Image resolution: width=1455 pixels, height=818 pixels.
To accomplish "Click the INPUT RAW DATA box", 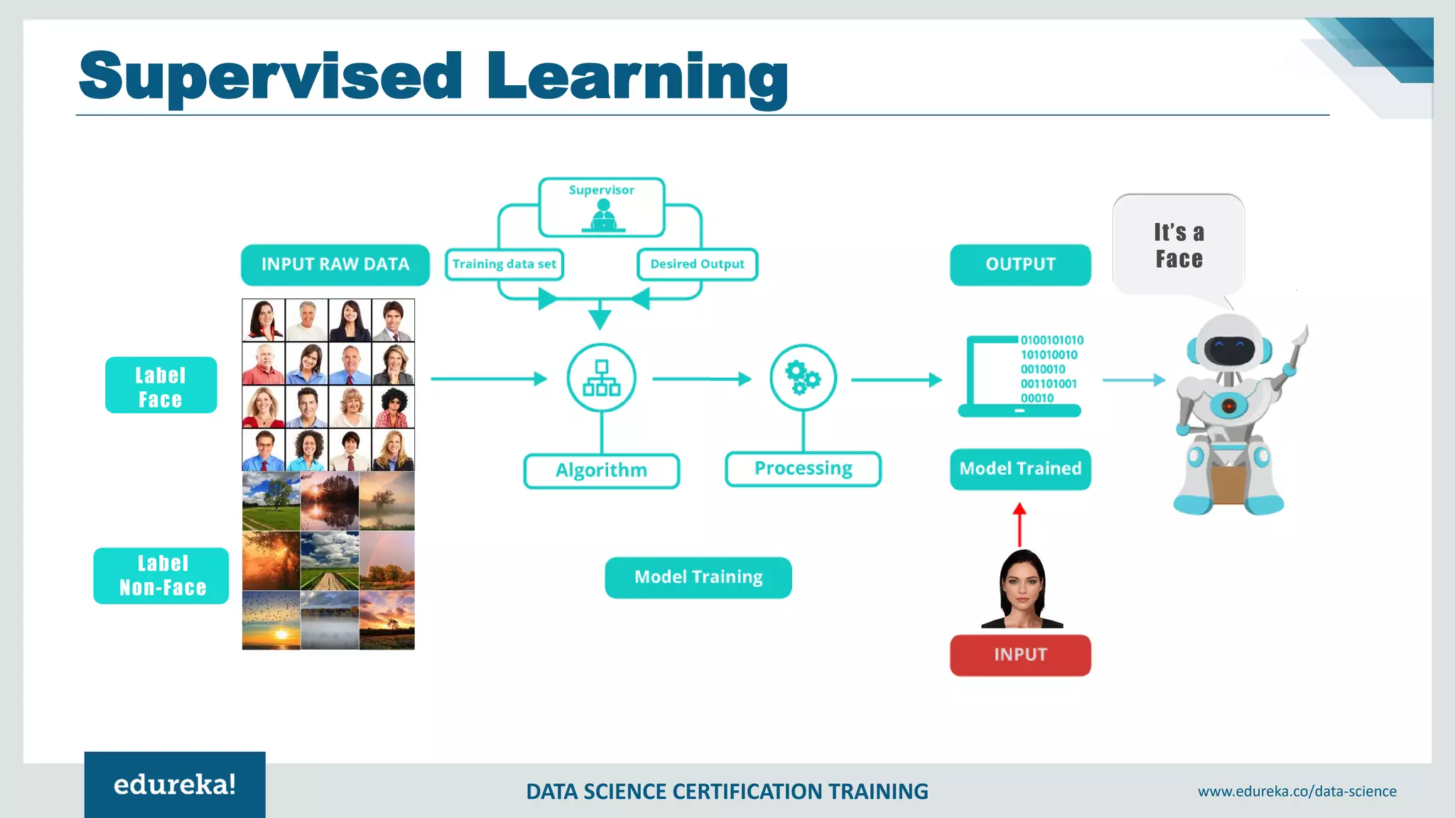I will pos(335,265).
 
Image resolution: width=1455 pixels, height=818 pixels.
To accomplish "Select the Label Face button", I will pos(161,386).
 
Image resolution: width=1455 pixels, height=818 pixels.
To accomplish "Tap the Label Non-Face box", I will pos(161,576).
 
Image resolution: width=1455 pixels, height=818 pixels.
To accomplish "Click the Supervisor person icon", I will pos(603,215).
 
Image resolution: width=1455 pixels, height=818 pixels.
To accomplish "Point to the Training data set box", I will pos(504,264).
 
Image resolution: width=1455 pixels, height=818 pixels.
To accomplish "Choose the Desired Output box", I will pos(697,264).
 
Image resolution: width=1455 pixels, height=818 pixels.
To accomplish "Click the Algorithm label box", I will pos(601,471).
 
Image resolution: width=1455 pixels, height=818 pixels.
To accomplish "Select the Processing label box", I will pos(803,469).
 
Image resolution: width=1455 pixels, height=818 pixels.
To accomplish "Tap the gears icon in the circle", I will pos(803,378).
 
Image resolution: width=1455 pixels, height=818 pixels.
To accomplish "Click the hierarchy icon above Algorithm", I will pos(601,378).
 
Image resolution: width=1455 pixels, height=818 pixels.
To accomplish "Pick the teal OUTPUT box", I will pos(1020,265).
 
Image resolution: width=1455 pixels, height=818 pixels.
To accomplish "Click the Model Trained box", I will pos(1020,469).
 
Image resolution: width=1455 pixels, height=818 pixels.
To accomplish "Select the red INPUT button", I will pos(1020,655).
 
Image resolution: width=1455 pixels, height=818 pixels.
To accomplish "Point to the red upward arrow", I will pos(1019,524).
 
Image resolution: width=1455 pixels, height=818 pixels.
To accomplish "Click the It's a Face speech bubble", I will pos(1179,246).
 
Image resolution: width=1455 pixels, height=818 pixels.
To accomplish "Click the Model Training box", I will pos(698,577).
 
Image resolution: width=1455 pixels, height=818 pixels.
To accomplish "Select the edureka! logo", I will pos(175,785).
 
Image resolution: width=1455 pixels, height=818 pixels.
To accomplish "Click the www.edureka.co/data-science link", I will pos(1297,792).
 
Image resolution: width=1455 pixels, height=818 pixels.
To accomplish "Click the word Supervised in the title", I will pos(271,77).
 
